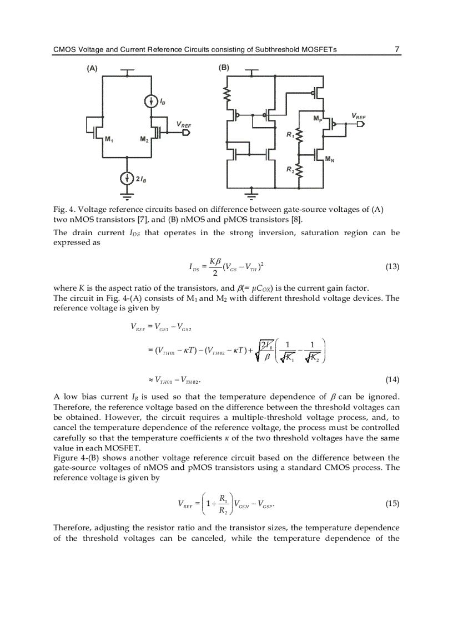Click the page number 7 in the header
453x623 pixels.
coord(397,49)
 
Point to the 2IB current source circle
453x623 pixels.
coord(128,178)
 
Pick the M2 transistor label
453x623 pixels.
coord(144,139)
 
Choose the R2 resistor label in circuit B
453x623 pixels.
coord(290,170)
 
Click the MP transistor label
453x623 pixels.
coord(318,119)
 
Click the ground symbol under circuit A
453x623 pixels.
coord(128,196)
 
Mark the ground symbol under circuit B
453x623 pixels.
coord(253,196)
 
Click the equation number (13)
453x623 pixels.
coord(392,266)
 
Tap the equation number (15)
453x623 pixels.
coord(392,503)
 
